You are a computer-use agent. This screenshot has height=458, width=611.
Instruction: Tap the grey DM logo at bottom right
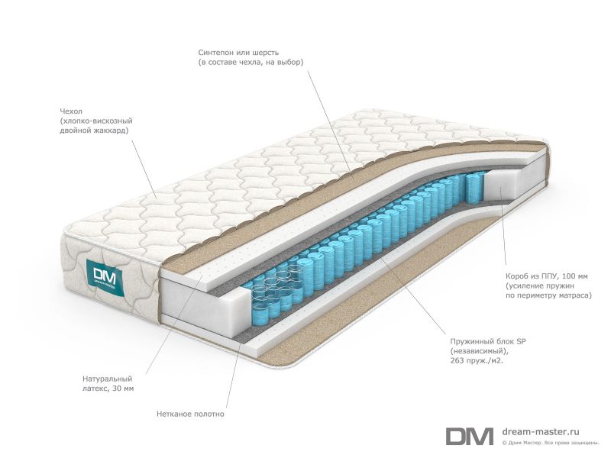(x=470, y=436)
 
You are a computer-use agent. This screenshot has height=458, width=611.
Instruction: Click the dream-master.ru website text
(x=541, y=431)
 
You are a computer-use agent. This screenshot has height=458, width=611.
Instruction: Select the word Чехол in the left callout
(x=71, y=111)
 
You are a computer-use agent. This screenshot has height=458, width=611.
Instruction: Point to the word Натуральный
(x=107, y=379)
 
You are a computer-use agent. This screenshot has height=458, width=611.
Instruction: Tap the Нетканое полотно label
(x=190, y=414)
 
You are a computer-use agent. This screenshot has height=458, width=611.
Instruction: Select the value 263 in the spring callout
(x=457, y=360)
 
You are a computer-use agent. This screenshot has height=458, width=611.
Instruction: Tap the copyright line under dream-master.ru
(x=550, y=443)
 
